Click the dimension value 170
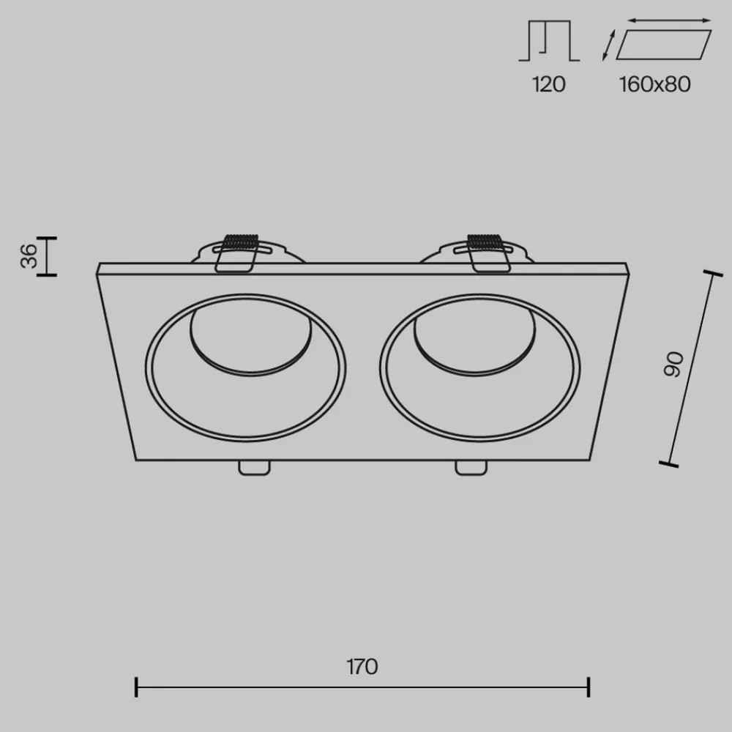[x=362, y=667]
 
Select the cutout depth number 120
[x=548, y=84]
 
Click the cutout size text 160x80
[x=654, y=84]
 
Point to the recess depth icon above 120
[x=549, y=42]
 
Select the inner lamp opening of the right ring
[x=473, y=337]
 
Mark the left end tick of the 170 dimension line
[x=137, y=687]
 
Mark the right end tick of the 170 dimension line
[x=589, y=687]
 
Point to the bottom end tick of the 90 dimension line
[x=668, y=463]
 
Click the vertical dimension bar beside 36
[x=48, y=256]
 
